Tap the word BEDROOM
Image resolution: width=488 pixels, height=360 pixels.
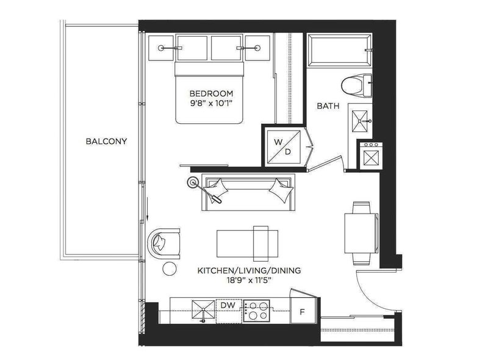(211, 93)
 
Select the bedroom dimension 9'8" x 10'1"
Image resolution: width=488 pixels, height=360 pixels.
(211, 103)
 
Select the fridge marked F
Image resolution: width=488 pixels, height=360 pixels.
(303, 311)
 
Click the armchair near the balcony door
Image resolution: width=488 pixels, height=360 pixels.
(164, 243)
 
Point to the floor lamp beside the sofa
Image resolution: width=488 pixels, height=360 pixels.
(195, 181)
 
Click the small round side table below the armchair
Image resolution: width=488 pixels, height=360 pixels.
(171, 268)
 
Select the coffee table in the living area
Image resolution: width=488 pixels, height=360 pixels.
(248, 242)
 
